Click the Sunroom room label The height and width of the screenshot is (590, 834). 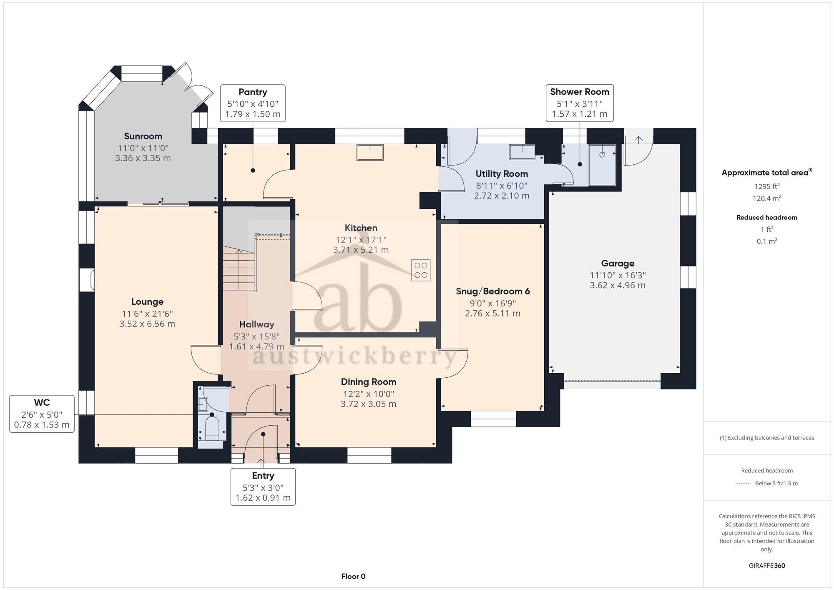pyautogui.click(x=143, y=136)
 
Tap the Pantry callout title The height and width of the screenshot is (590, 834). pyautogui.click(x=253, y=92)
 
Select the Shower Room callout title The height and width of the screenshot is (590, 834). pyautogui.click(x=580, y=92)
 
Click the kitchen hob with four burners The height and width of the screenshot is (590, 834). pyautogui.click(x=421, y=270)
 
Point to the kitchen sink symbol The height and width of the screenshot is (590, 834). pyautogui.click(x=370, y=152)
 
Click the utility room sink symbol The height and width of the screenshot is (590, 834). pyautogui.click(x=522, y=152)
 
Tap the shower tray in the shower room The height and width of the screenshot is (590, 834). pyautogui.click(x=602, y=165)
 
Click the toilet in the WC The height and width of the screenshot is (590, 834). pyautogui.click(x=212, y=429)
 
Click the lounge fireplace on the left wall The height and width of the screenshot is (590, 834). pyautogui.click(x=87, y=280)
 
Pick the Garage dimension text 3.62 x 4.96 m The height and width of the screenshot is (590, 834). pyautogui.click(x=618, y=286)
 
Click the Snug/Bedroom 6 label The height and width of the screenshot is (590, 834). pyautogui.click(x=493, y=291)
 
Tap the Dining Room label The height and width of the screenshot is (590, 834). pyautogui.click(x=369, y=382)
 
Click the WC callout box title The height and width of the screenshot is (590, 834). pyautogui.click(x=42, y=403)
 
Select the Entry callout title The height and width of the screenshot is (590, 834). pyautogui.click(x=263, y=476)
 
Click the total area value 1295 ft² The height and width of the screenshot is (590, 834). pyautogui.click(x=767, y=186)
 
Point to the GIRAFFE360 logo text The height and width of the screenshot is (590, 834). pyautogui.click(x=767, y=566)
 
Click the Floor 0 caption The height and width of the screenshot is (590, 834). pyautogui.click(x=353, y=577)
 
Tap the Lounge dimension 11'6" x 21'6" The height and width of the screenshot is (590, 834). pyautogui.click(x=147, y=314)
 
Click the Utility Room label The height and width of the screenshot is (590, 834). pyautogui.click(x=502, y=174)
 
